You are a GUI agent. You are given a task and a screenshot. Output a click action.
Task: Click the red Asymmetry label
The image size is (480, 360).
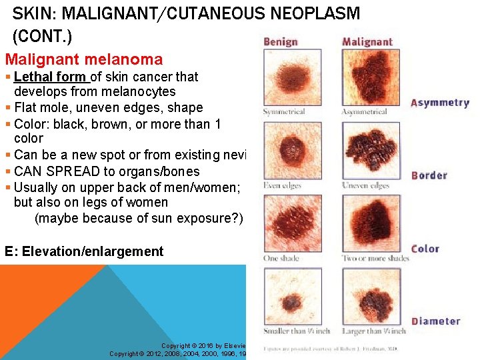440,103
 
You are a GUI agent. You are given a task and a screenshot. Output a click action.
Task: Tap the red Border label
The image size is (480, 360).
429,175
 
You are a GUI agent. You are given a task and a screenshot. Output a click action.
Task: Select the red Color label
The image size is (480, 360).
425,249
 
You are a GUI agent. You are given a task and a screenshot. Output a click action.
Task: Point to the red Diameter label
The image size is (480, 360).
436,321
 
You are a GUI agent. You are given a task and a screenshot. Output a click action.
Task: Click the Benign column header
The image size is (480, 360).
281,41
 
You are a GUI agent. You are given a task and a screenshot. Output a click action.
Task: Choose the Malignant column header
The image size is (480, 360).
367,41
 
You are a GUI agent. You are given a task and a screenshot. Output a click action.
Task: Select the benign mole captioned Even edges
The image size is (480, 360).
291,149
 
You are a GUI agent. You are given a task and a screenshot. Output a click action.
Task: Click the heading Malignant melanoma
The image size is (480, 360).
83,59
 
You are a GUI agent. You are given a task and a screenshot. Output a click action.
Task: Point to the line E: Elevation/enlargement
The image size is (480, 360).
84,251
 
